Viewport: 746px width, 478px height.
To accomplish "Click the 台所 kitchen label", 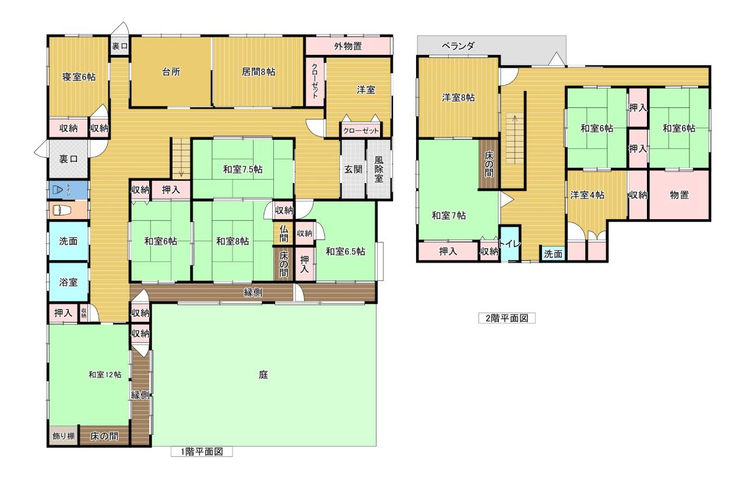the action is tap(171, 72).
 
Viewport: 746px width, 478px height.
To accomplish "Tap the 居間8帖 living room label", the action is tap(258, 72).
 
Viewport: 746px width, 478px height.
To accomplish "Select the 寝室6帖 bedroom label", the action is tap(79, 77).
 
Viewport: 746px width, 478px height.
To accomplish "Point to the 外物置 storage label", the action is tap(348, 46).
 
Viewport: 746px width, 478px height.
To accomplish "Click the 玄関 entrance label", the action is tap(353, 169).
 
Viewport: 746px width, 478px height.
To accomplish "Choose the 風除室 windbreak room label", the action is tap(379, 169).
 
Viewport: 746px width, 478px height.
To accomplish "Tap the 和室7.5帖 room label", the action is tap(243, 170).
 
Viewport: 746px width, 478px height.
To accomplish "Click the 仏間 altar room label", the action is tap(284, 233).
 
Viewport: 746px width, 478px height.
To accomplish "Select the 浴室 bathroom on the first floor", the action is tap(68, 282).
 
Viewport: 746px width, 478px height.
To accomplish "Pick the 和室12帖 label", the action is tap(105, 375).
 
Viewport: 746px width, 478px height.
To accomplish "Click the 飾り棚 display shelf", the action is tap(64, 435).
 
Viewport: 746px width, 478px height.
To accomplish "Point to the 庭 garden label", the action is tap(263, 375).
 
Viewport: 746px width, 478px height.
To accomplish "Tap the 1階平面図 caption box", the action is tap(202, 452).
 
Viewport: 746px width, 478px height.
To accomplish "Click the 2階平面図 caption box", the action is tap(507, 318).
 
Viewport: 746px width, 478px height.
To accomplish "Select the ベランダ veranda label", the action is tap(458, 46).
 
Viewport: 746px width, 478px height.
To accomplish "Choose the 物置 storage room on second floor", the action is tap(679, 195).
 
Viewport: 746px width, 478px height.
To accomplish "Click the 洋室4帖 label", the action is tap(587, 195).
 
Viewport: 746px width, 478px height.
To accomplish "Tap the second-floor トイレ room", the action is tap(510, 244).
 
